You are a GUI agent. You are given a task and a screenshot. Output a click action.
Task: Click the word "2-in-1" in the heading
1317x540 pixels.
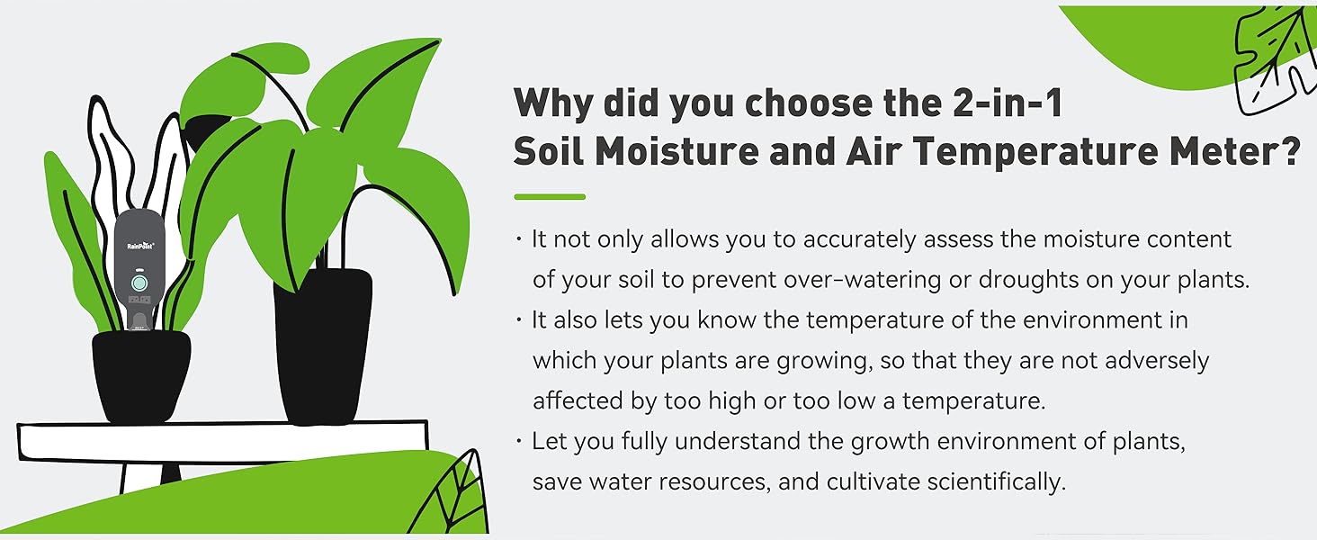[x=1008, y=103]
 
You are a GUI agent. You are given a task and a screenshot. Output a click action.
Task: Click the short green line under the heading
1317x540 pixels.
[x=550, y=197]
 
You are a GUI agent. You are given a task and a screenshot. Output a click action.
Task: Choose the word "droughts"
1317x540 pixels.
[x=1029, y=279]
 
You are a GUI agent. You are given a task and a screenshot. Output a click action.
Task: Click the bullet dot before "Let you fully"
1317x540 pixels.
[x=519, y=441]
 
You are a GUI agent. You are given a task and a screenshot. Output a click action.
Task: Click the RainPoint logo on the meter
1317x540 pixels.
[x=140, y=246]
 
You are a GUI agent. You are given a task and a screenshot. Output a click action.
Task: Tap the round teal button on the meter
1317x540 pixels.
[x=139, y=283]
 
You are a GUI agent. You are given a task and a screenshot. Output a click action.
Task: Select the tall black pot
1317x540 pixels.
[x=322, y=347]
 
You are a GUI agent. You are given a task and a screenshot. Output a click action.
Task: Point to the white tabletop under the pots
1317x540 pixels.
[x=223, y=440]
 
